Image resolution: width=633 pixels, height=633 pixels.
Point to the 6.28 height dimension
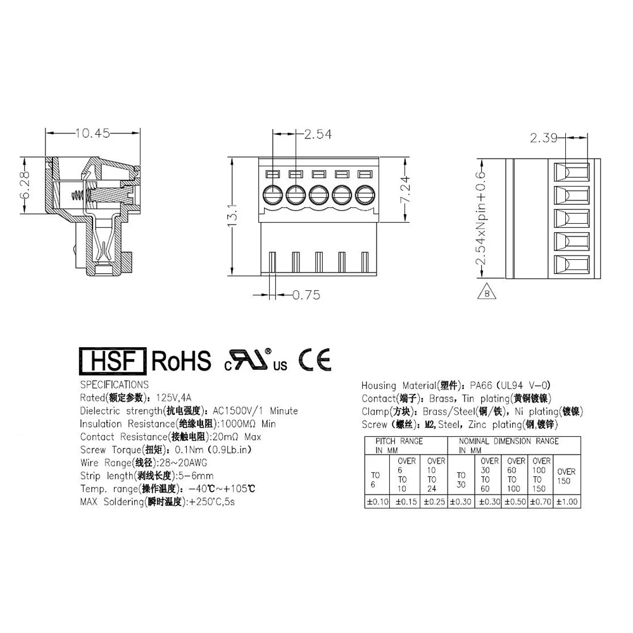click(27, 184)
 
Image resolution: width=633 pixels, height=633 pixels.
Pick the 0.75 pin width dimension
click(306, 295)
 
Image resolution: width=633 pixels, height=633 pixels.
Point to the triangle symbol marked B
click(486, 293)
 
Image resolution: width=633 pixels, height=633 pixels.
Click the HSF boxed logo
click(111, 360)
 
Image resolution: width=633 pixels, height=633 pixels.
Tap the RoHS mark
click(181, 361)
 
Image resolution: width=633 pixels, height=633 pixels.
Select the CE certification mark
click(315, 359)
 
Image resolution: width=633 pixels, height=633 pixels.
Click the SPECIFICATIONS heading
click(115, 384)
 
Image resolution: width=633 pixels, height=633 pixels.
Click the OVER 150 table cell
click(567, 476)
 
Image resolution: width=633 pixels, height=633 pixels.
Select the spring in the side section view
click(77, 195)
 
